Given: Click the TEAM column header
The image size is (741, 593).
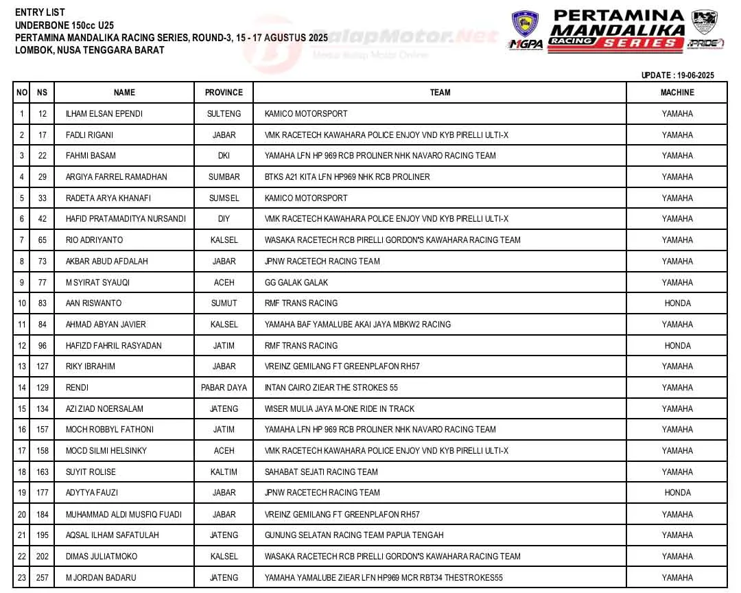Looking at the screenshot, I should (440, 93).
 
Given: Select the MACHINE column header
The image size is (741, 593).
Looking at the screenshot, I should (677, 93).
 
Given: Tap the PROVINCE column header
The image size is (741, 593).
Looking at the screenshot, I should (224, 93).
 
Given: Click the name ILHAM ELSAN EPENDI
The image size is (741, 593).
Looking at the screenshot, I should (104, 114).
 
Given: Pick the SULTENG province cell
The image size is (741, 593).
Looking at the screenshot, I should (224, 114).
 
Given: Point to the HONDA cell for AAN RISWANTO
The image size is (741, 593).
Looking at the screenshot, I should (677, 303).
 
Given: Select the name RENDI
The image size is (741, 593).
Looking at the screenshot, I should (77, 388).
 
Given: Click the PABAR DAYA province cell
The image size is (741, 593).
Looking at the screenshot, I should (224, 388).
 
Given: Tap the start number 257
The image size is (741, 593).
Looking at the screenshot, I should (43, 578).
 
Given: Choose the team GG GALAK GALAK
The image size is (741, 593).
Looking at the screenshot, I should (296, 283).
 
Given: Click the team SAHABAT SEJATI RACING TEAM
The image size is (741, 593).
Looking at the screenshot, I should (321, 472).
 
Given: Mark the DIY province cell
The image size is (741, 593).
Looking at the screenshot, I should (224, 219).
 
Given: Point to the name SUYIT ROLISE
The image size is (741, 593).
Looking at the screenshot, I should (91, 472).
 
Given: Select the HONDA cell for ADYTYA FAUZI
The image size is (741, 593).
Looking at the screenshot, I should (677, 493).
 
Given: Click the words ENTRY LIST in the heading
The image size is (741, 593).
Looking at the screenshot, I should (40, 12).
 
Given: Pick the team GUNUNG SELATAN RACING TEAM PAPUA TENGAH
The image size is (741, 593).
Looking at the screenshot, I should (354, 535).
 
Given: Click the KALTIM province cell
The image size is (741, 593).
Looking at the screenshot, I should (224, 472).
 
